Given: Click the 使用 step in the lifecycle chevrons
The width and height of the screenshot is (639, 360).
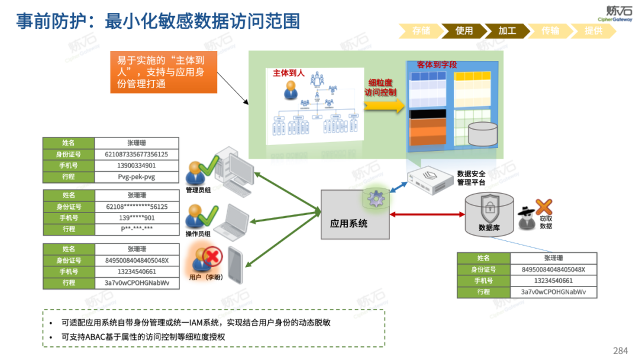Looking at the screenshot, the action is pos(464,31).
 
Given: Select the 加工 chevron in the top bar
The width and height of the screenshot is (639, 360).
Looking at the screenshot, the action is pos(508,31).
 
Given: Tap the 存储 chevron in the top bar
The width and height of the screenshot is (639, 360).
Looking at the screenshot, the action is pos(421,31).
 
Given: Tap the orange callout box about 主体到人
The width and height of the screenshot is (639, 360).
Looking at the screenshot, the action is pos(163,72).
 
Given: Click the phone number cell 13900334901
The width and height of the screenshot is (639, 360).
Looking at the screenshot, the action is pos(136,165).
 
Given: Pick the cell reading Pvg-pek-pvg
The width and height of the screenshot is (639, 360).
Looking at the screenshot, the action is pos(136,176).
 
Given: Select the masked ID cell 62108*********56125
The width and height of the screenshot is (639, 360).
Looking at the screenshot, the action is pos(136,207).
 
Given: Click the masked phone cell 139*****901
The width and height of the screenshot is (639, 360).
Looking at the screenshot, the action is pos(136,218).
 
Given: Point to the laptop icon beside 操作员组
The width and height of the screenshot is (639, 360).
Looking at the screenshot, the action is pos(232,220).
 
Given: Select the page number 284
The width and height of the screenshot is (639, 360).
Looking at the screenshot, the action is pos(620,350).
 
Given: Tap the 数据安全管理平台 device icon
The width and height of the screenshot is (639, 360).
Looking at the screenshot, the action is pos(429,178).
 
